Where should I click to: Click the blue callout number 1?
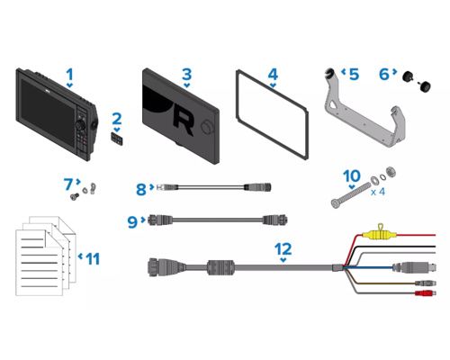point(69,75)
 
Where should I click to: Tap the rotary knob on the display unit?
point(81,125)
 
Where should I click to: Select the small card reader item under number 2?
point(117,139)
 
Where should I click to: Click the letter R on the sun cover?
point(183,123)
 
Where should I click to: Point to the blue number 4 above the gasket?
point(273,75)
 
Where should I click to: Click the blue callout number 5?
point(354,75)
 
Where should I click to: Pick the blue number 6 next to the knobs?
point(384,75)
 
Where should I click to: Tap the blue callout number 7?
point(68,184)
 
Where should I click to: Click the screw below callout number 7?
point(74,196)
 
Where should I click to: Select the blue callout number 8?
point(141,190)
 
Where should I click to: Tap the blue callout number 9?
point(132,222)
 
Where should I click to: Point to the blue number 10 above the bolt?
point(352,176)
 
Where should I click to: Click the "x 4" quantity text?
point(378,192)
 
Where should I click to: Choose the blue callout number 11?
point(93,259)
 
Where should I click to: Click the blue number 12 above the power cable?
point(283,248)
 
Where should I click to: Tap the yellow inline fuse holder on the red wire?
point(379,233)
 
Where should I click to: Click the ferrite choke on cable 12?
point(220,266)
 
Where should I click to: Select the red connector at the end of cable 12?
point(425,293)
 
